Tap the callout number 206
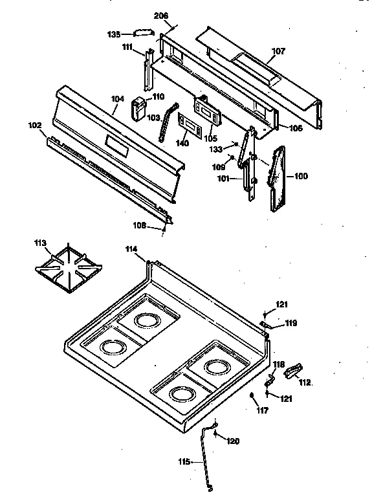160,16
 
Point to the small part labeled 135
142,32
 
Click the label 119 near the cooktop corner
291,322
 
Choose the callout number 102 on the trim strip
34,125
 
